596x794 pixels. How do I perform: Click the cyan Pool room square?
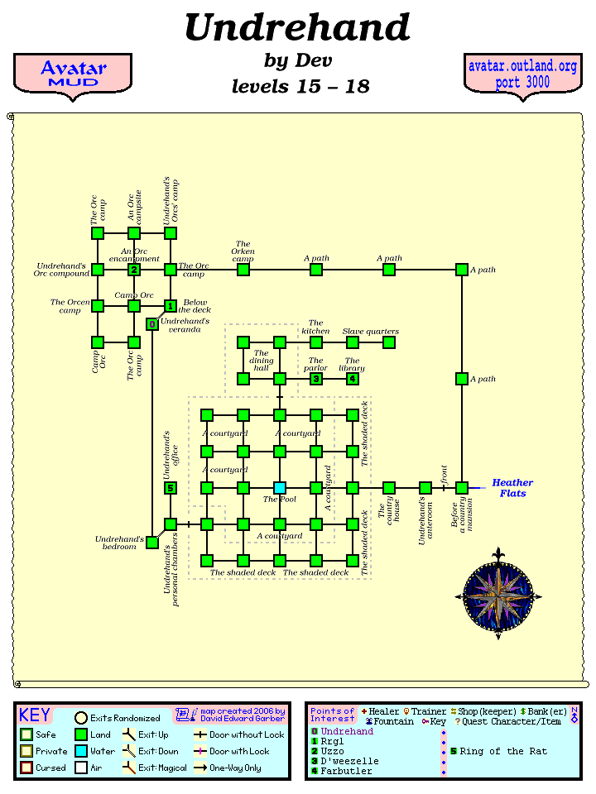coord(280,488)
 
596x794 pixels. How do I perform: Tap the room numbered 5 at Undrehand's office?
coord(171,488)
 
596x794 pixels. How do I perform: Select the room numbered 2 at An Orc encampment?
coord(134,270)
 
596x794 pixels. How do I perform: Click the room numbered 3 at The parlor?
coord(316,379)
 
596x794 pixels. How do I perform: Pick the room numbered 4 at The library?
coord(353,379)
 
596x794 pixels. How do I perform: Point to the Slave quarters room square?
coord(389,342)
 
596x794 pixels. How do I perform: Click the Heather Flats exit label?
coord(512,488)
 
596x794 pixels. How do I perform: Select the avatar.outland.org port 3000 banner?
coord(522,74)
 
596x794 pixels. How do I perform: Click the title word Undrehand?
coord(297,28)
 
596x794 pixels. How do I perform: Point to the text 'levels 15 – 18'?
coord(300,86)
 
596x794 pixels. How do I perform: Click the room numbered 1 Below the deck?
coord(171,306)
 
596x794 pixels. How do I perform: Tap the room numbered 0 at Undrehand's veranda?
coord(152,324)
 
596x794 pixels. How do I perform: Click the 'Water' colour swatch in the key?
coord(81,751)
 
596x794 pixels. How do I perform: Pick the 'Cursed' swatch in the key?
coord(26,768)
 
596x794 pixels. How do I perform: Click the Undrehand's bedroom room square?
coord(152,543)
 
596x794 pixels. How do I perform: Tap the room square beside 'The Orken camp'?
coord(243,270)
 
